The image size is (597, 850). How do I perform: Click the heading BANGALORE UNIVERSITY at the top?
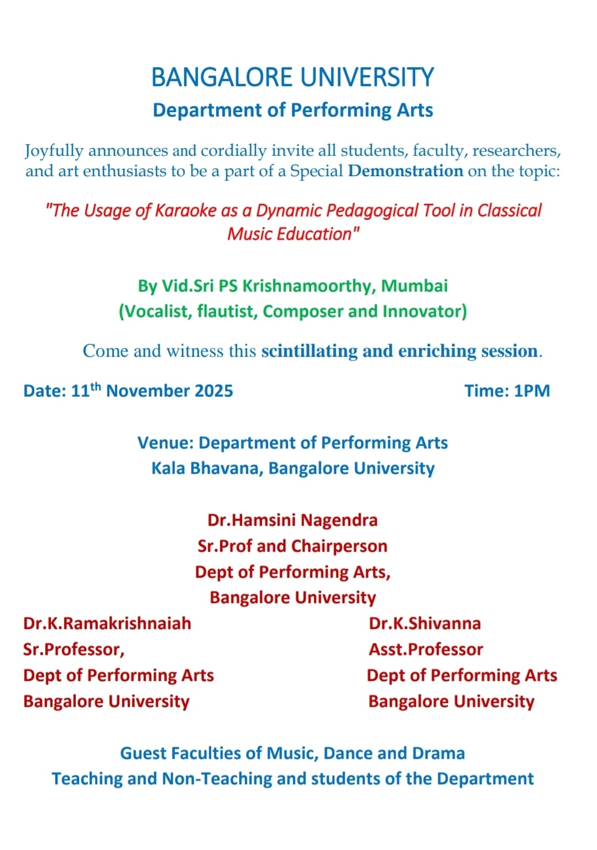pyautogui.click(x=292, y=77)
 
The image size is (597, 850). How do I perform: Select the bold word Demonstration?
pyautogui.click(x=405, y=171)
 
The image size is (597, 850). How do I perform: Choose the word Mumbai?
pyautogui.click(x=415, y=286)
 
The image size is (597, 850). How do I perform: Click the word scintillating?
pyautogui.click(x=310, y=351)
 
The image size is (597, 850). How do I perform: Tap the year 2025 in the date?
pyautogui.click(x=213, y=391)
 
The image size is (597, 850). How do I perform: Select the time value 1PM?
pyautogui.click(x=532, y=391)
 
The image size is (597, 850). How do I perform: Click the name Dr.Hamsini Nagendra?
pyautogui.click(x=292, y=520)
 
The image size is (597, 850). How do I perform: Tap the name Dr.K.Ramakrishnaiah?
pyautogui.click(x=107, y=624)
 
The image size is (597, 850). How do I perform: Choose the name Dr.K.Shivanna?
pyautogui.click(x=425, y=624)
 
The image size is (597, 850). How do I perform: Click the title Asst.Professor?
pyautogui.click(x=426, y=650)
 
